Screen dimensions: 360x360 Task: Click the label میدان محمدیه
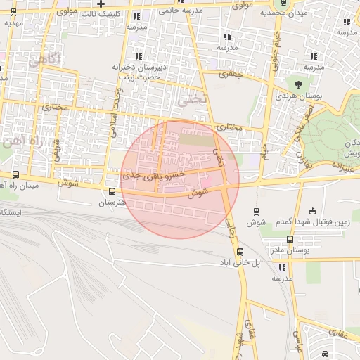pos(283,13)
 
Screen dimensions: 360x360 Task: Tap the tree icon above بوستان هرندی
pos(299,84)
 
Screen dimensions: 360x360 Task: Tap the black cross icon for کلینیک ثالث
pos(101,4)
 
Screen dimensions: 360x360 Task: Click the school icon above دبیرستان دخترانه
pos(138,56)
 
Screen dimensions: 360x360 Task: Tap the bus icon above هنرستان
pos(112,191)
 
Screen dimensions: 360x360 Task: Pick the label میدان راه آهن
pos(17,185)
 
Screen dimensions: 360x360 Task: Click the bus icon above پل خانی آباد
pos(240,252)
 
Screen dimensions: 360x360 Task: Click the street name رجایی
pos(230,225)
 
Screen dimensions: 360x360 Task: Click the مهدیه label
pos(14,22)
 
